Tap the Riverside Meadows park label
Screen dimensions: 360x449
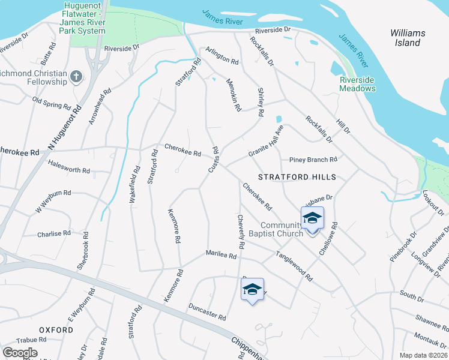tap(357, 84)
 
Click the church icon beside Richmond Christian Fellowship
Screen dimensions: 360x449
tap(76, 77)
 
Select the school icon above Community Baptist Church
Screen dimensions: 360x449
tap(312, 218)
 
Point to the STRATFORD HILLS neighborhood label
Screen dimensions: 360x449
tap(297, 177)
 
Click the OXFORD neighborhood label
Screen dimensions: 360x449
tap(56, 330)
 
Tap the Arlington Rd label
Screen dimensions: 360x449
tap(222, 56)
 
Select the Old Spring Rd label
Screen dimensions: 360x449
tap(52, 103)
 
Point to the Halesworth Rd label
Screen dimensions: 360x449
tap(68, 170)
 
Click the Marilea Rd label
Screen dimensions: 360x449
tap(221, 255)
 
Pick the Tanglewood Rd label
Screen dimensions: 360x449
tap(294, 266)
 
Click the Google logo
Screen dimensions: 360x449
tap(20, 352)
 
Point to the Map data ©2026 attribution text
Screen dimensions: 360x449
tap(424, 355)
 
